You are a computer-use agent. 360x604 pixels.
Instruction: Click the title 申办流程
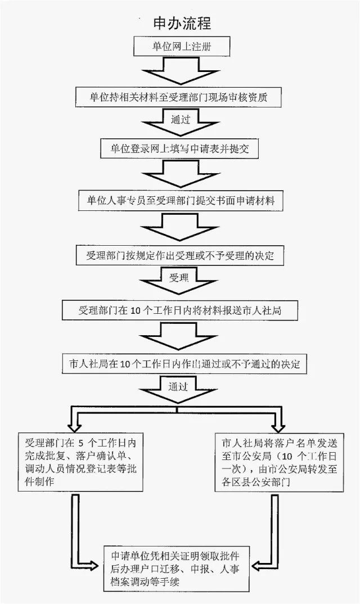[x=182, y=24]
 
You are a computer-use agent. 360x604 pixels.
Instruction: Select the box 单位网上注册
[x=182, y=47]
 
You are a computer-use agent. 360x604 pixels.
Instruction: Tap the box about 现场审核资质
[x=178, y=97]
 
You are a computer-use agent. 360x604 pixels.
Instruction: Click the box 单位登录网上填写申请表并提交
[x=179, y=148]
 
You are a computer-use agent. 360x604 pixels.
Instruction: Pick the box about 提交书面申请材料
[x=181, y=201]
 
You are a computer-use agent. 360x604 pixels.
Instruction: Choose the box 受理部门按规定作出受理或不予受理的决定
[x=179, y=255]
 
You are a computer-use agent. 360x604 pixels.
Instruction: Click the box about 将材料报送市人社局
[x=180, y=310]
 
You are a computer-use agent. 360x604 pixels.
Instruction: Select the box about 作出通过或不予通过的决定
[x=184, y=364]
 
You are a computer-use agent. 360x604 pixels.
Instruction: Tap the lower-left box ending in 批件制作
[x=80, y=462]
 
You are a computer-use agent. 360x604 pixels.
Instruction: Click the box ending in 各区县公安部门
[x=280, y=462]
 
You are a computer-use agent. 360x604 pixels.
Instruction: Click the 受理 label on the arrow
[x=179, y=278]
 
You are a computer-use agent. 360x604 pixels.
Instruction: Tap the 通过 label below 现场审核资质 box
[x=181, y=119]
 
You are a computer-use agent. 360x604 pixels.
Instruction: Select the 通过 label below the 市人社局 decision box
[x=178, y=387]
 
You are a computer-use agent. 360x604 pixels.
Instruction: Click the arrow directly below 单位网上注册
[x=181, y=71]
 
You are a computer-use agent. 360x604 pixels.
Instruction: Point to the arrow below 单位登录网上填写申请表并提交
[x=181, y=174]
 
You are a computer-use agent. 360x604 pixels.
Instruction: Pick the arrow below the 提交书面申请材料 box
[x=181, y=227]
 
